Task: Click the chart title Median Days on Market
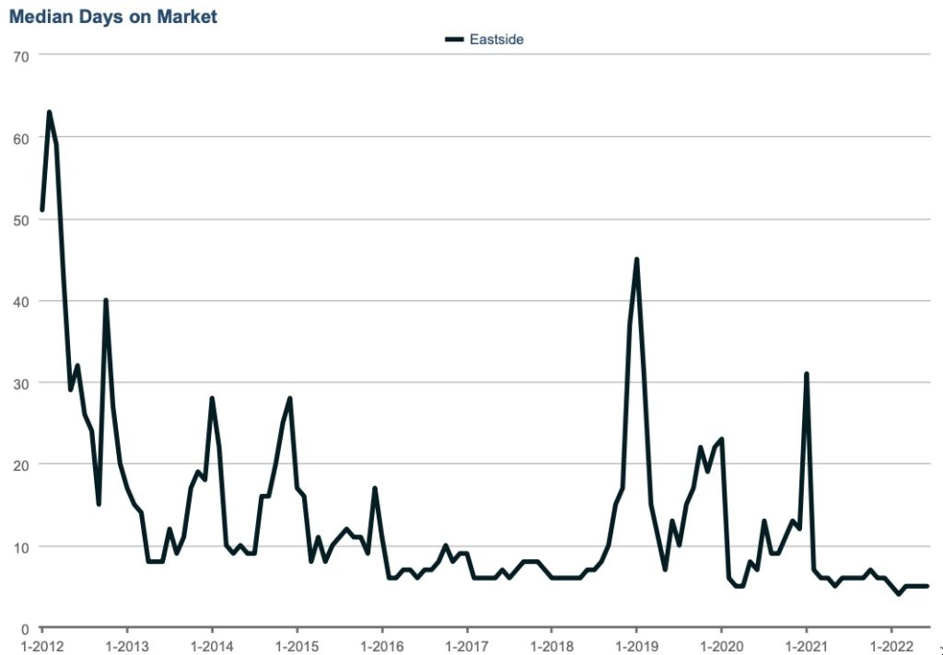tap(113, 17)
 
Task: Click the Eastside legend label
tap(496, 39)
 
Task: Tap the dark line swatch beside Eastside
tap(455, 39)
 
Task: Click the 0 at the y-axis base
tap(26, 628)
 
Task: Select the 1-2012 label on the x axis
tap(41, 645)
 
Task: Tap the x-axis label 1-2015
tap(297, 645)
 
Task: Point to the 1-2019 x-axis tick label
tap(635, 645)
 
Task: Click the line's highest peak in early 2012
tap(49, 113)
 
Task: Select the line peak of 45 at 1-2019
tap(636, 260)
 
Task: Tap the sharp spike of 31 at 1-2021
tap(807, 374)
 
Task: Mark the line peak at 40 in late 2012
tap(106, 301)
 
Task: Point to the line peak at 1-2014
tap(212, 399)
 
